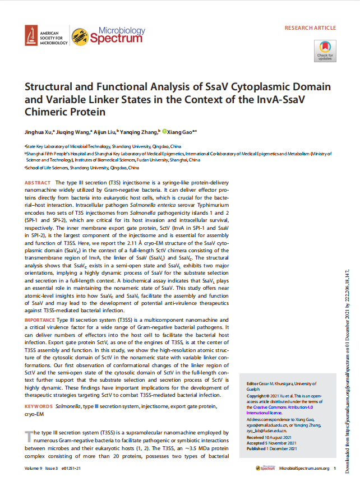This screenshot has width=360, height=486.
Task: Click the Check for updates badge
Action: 325,50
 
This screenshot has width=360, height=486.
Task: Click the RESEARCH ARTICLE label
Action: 310,27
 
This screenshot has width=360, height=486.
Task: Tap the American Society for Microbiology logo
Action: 47,36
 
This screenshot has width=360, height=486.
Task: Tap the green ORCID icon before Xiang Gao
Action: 165,132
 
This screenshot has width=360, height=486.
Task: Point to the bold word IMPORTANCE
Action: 40,318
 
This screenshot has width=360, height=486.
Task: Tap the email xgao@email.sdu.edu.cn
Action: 264,425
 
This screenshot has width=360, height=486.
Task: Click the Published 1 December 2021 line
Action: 273,448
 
